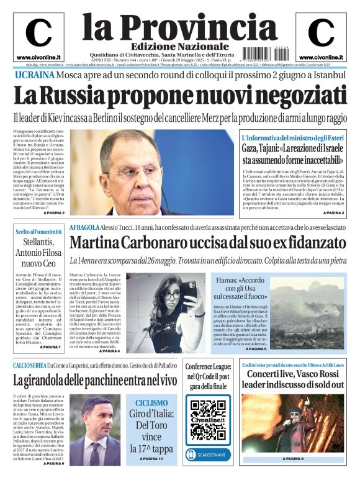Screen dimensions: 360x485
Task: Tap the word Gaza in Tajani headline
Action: pos(253,149)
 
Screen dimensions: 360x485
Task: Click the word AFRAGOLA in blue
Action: pos(85,228)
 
